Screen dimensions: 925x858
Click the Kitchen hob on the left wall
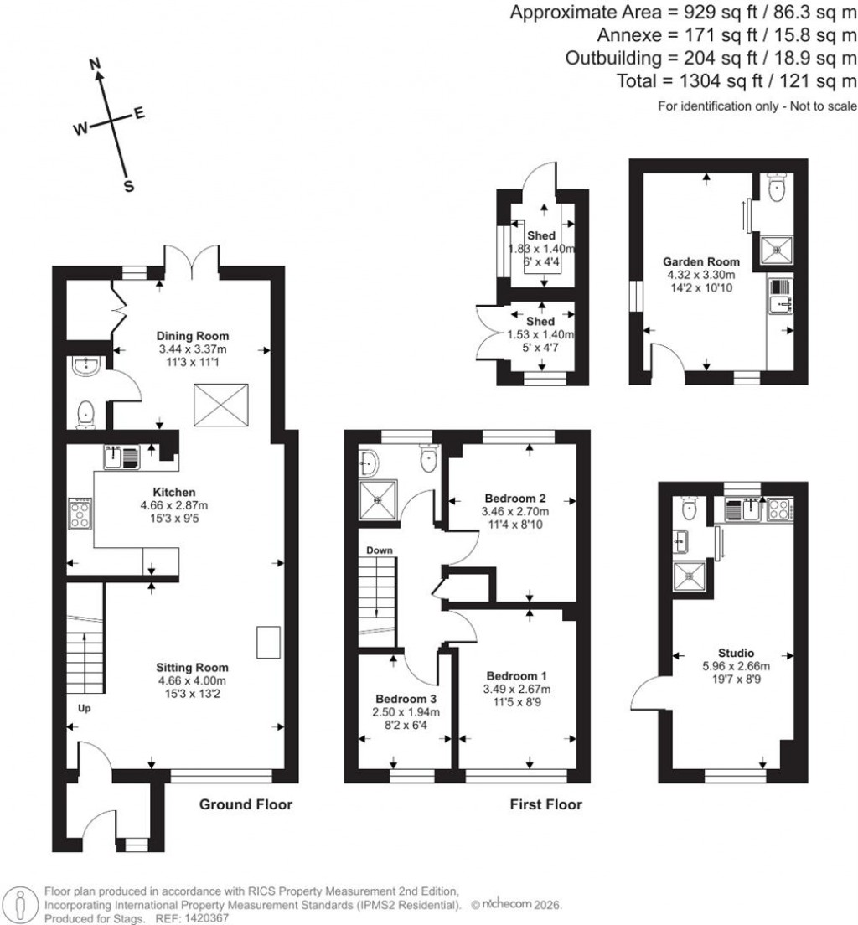80,513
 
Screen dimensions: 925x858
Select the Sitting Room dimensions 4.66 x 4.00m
192,680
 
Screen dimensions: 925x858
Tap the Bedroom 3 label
406,699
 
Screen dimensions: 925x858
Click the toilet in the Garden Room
777,187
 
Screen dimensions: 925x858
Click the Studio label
736,653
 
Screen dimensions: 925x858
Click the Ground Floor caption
246,805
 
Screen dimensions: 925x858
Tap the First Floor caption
546,805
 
